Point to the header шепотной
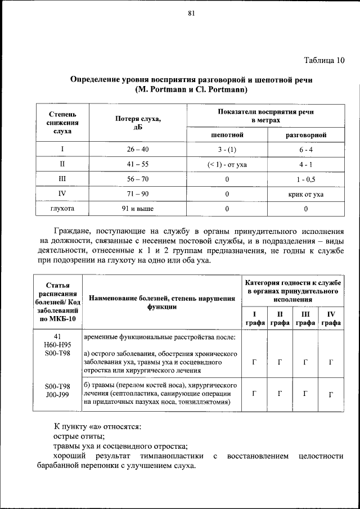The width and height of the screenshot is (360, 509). pos(227,136)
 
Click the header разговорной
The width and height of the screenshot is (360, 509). pos(305,136)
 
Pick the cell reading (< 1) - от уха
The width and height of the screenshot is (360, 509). pos(227,165)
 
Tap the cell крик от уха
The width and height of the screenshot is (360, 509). pos(305,195)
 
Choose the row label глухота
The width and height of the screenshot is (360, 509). pos(62,209)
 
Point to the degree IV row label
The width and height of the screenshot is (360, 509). pos(62,195)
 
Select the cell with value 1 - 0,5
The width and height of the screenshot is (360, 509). pos(305,179)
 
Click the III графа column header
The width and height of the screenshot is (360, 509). pos(305,318)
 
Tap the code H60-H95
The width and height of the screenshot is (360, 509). pos(58,344)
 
